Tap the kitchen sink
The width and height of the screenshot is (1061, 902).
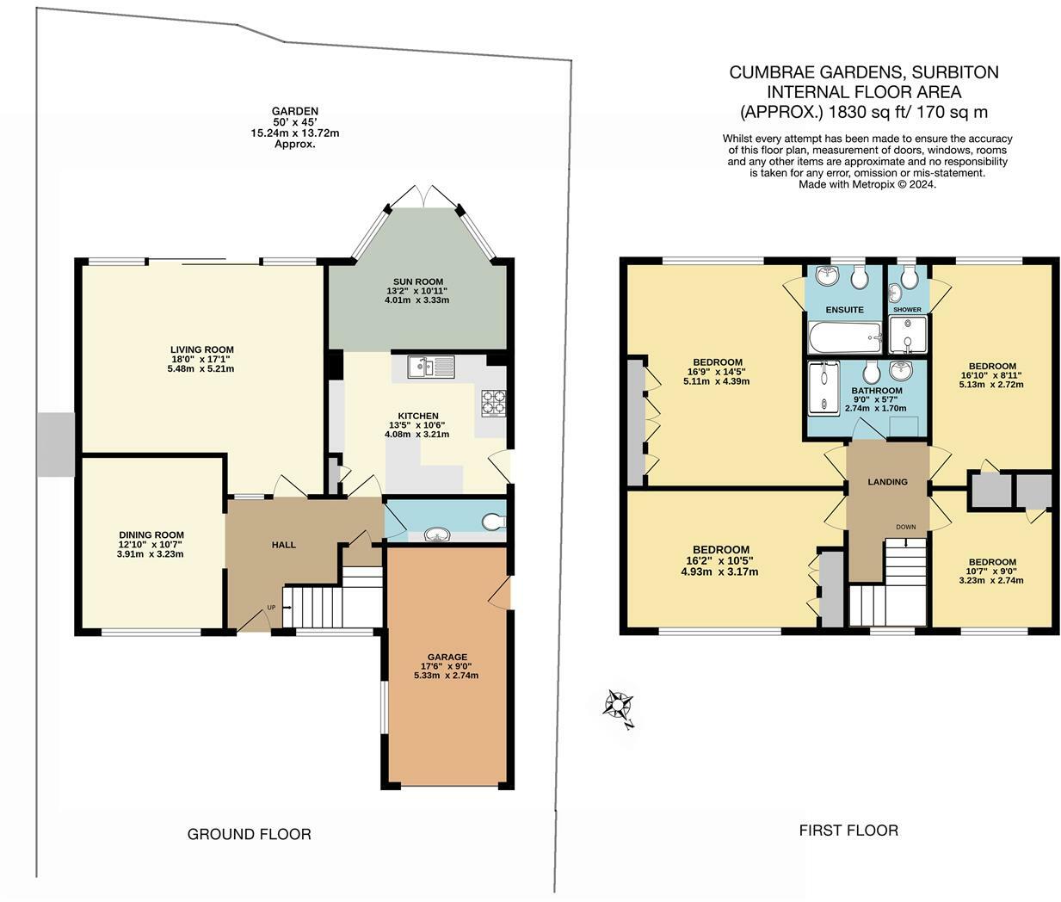pos(431,367)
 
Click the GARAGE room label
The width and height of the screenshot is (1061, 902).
pos(447,657)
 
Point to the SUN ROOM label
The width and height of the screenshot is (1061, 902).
pos(418,281)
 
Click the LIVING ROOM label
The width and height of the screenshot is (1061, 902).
pos(202,349)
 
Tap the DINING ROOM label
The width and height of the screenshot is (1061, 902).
pos(151,535)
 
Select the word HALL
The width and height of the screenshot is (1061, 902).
pos(284,545)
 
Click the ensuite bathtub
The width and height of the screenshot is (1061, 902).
pos(845,337)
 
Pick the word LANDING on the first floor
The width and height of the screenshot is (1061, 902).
pos(887,481)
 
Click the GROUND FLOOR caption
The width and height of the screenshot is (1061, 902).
pos(249,834)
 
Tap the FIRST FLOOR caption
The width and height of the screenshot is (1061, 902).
pos(848,830)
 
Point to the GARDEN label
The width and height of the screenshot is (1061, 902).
pos(295,111)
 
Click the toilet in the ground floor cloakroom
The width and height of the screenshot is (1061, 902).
pos(494,522)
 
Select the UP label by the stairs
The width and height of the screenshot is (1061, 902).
pos(271,608)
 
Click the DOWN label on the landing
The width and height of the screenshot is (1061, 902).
pos(906,527)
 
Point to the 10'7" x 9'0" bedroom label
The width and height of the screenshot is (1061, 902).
pos(991,571)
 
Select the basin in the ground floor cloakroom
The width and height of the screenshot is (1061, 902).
pos(437,534)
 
